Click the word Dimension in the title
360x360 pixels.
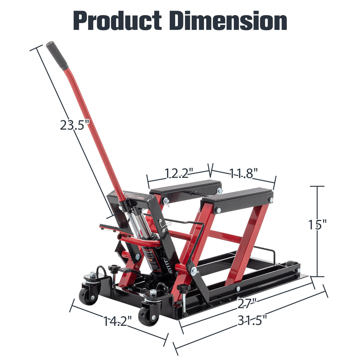[x=228, y=21]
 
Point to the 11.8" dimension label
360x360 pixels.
[x=244, y=173]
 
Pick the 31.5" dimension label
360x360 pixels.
[x=252, y=320]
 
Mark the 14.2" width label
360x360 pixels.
[x=117, y=320]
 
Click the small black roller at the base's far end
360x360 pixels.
[x=290, y=263]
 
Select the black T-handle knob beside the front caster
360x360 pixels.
[x=183, y=288]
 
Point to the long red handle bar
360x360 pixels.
[x=95, y=130]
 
